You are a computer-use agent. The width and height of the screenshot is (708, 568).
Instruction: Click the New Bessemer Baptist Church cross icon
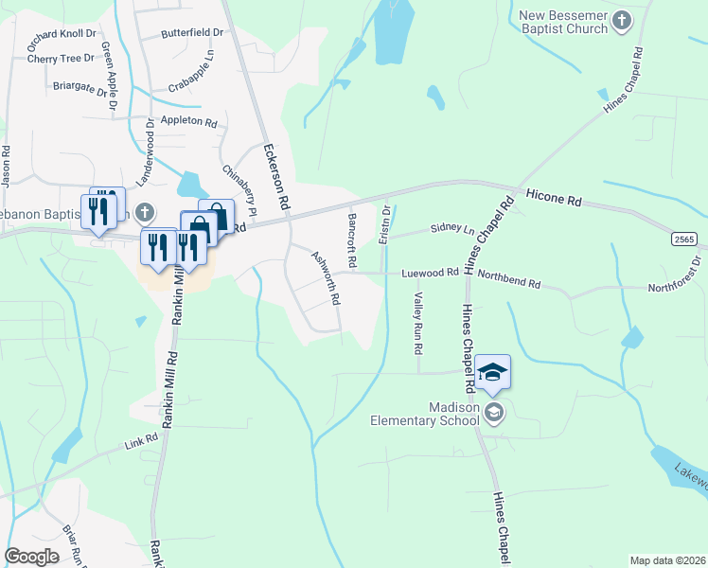(622, 21)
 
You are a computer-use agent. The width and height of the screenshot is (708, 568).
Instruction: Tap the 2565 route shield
(685, 240)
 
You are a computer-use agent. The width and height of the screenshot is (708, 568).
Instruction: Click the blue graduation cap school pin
(492, 371)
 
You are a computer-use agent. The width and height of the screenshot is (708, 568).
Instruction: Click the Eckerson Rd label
(275, 176)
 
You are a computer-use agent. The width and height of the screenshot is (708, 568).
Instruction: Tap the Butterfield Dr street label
(192, 32)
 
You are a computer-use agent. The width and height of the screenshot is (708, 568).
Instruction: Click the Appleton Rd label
(188, 122)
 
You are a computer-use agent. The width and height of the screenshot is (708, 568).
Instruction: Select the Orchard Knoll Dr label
(62, 33)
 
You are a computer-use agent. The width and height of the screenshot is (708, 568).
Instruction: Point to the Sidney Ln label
(452, 228)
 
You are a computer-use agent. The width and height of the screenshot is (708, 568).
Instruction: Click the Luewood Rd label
(430, 273)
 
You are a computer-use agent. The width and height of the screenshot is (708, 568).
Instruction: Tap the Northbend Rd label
(508, 282)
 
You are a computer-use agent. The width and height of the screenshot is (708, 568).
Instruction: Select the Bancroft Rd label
(352, 239)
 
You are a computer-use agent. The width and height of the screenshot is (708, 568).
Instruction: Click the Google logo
(31, 557)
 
